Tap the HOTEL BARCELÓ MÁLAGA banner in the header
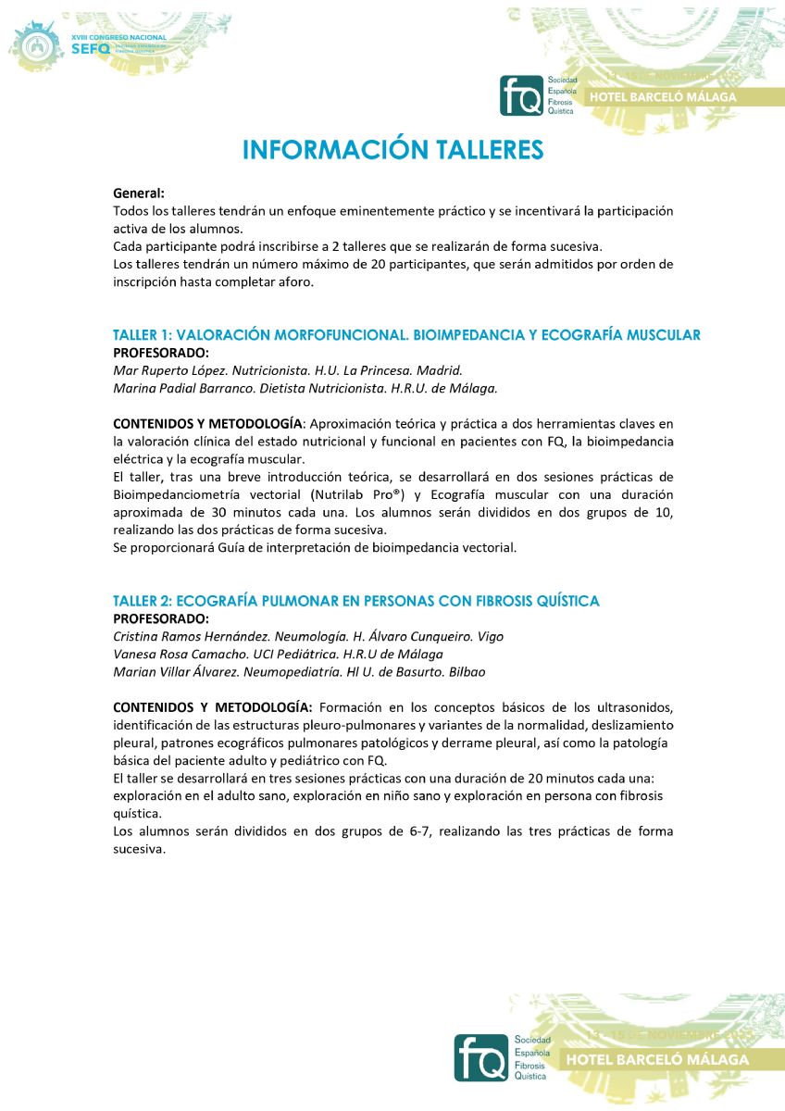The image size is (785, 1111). click(x=669, y=96)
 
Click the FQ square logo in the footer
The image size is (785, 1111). click(x=480, y=1057)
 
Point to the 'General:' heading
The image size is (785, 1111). click(x=139, y=193)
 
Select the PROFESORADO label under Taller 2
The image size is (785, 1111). click(x=161, y=618)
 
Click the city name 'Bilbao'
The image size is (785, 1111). click(x=467, y=671)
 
